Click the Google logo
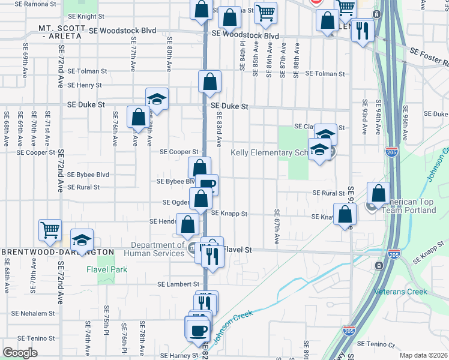click(20, 353)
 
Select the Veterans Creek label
click(400, 292)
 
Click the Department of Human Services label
click(158, 249)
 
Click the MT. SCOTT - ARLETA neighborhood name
click(60, 32)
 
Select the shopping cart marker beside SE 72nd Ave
click(50, 229)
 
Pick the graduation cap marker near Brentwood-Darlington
click(82, 239)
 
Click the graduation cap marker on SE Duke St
click(157, 98)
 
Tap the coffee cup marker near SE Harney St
click(197, 329)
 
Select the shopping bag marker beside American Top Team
click(378, 193)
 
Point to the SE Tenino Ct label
click(376, 344)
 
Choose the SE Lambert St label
click(178, 284)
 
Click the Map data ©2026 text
click(424, 355)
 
